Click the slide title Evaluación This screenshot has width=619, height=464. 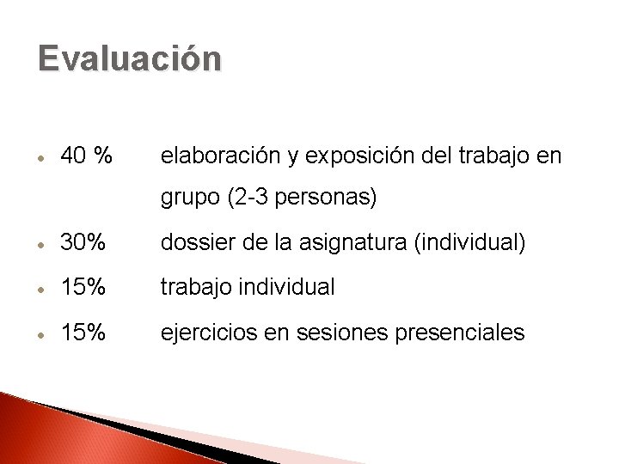[x=130, y=58]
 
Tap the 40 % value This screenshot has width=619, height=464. [x=86, y=156]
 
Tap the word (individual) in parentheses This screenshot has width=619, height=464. [x=469, y=243]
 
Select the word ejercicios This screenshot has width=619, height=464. [x=210, y=333]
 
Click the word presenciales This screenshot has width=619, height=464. [x=460, y=333]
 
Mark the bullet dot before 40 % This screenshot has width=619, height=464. [x=41, y=157]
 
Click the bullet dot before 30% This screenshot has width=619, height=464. [x=41, y=245]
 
